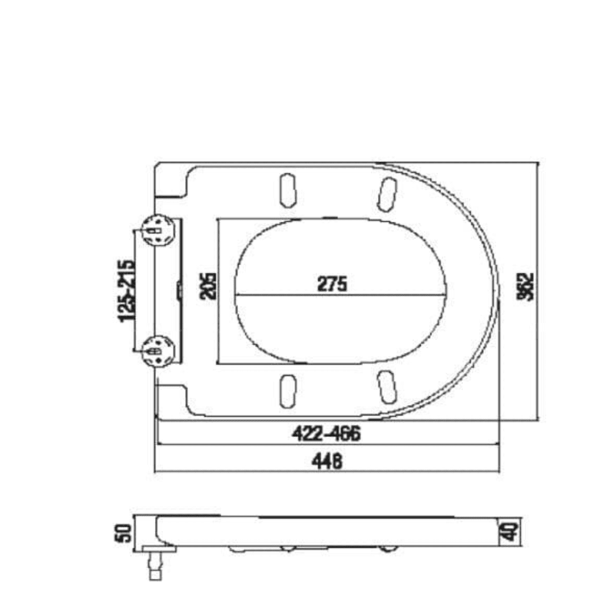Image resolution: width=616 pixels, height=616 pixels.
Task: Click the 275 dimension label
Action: coord(332,283)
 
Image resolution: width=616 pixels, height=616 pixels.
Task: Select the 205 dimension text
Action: coord(209,285)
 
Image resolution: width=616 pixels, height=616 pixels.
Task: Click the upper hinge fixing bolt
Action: coord(158,230)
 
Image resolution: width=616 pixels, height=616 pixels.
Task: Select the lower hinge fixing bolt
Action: coord(158,350)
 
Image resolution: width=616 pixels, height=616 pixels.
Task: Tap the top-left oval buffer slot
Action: coord(288,189)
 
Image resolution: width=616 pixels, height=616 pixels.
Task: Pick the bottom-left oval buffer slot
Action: coord(288,391)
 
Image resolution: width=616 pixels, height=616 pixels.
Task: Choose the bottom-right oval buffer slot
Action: coord(388,388)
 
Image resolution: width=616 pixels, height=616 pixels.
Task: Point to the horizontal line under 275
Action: coord(341,295)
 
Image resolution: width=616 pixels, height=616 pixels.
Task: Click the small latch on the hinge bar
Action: coord(180,290)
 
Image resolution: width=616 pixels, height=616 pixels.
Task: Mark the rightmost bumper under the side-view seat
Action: coord(389,548)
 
